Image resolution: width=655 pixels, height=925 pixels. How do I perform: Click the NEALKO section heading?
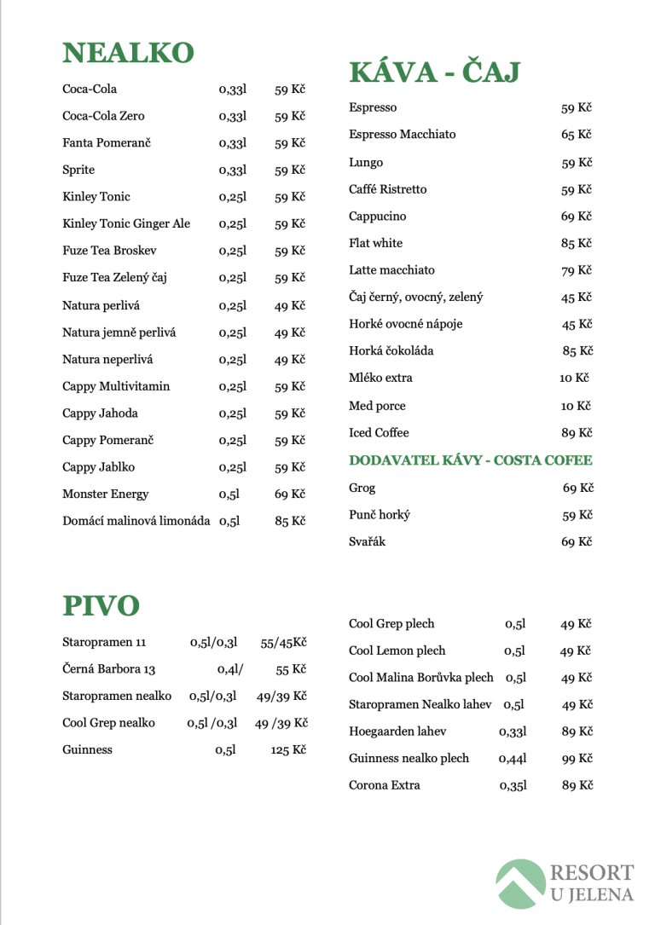pos(128,54)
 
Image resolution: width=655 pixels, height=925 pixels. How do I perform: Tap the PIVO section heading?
pos(101,606)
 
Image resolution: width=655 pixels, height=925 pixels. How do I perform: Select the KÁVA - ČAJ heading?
pos(434,72)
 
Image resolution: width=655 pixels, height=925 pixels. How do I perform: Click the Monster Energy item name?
pos(106,494)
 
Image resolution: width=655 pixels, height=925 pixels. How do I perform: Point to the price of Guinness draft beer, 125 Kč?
pos(288,750)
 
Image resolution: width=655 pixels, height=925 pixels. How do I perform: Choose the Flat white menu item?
pos(375,244)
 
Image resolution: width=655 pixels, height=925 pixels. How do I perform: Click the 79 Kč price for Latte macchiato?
pos(576,270)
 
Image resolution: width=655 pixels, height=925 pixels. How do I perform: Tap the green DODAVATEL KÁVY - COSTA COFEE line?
pos(470,460)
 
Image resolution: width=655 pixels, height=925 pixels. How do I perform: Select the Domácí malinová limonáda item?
pos(136,521)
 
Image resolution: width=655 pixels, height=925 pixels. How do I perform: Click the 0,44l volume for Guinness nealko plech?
pos(513,759)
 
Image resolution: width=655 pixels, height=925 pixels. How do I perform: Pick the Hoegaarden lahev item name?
pos(397,731)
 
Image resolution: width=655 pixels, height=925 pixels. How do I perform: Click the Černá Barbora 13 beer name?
pos(109,669)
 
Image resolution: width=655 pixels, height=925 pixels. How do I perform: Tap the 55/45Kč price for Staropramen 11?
pos(284,642)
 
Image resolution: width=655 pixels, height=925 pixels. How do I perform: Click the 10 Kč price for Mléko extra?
pos(574,378)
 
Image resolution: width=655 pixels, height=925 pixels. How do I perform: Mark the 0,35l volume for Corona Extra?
pos(513,786)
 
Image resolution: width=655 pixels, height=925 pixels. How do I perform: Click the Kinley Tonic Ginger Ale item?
pos(126,224)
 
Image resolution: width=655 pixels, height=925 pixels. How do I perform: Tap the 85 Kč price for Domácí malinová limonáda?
pos(290,521)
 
